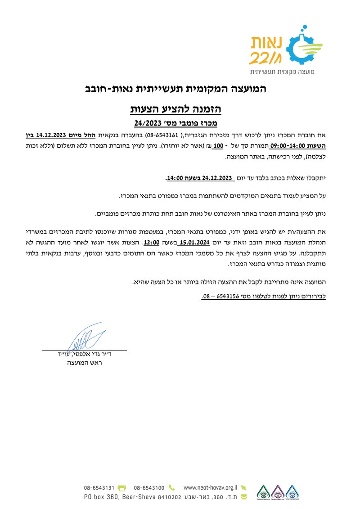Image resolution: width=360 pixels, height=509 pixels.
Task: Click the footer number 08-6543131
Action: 99,487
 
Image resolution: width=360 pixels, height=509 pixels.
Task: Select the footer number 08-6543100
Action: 148,487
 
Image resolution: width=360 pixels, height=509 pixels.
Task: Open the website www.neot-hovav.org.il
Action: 211,487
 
